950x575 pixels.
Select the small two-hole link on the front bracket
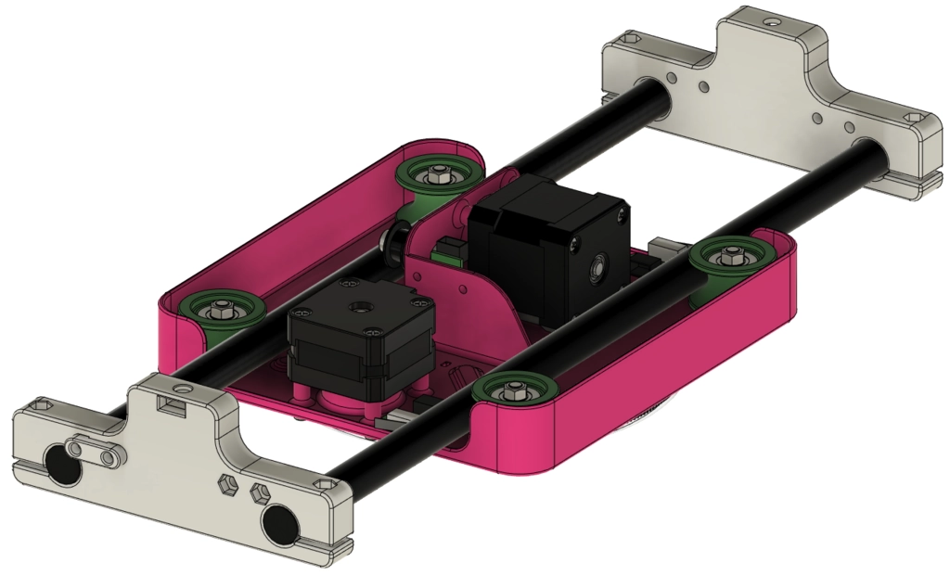[96, 454]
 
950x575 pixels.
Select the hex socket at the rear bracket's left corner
[631, 40]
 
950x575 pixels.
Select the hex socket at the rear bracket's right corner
[914, 120]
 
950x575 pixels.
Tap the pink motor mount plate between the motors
[473, 292]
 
